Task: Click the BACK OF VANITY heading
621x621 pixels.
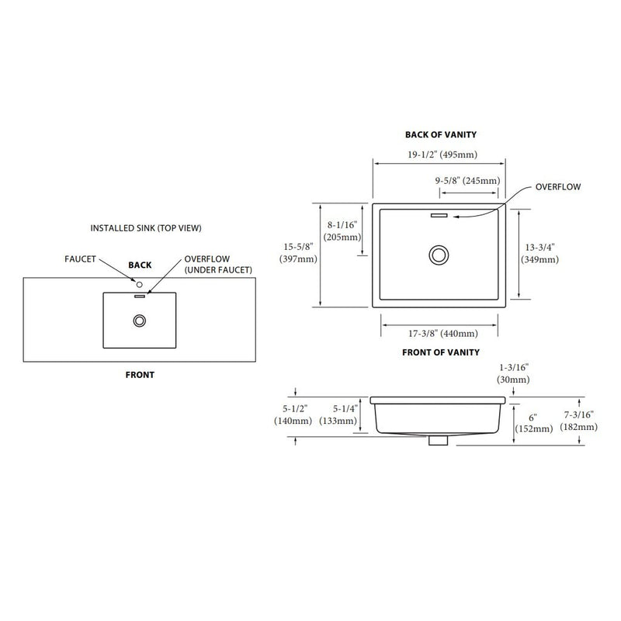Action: pos(440,135)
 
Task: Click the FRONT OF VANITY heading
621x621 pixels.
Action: pos(440,352)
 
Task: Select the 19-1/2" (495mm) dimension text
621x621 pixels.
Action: pos(440,154)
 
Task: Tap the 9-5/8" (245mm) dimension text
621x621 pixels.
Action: pos(467,181)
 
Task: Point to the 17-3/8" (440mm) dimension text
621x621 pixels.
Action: pos(440,334)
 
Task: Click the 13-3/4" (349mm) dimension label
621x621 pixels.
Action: pos(540,253)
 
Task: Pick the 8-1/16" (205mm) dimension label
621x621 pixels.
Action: pos(342,231)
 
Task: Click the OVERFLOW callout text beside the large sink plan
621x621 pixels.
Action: pos(558,187)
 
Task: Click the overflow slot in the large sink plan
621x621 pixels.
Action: pos(440,214)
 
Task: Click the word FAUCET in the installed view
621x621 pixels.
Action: pos(79,259)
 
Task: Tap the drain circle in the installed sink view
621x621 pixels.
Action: pos(141,319)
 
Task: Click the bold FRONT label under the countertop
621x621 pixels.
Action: pos(140,375)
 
